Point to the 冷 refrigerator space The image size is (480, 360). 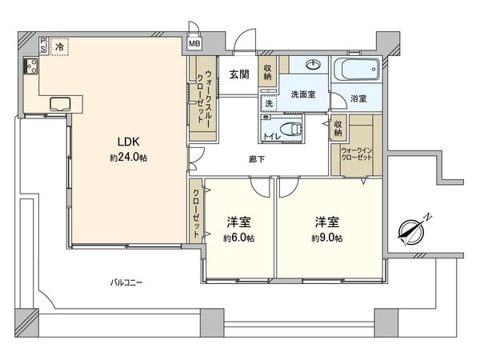(60, 47)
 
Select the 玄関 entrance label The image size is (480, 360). (238, 75)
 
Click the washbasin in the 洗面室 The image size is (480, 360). (312, 66)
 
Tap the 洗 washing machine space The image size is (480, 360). (269, 103)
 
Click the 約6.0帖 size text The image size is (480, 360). (239, 238)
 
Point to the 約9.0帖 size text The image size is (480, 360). (328, 238)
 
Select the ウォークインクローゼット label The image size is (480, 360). (357, 154)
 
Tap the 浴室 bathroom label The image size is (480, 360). (358, 98)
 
